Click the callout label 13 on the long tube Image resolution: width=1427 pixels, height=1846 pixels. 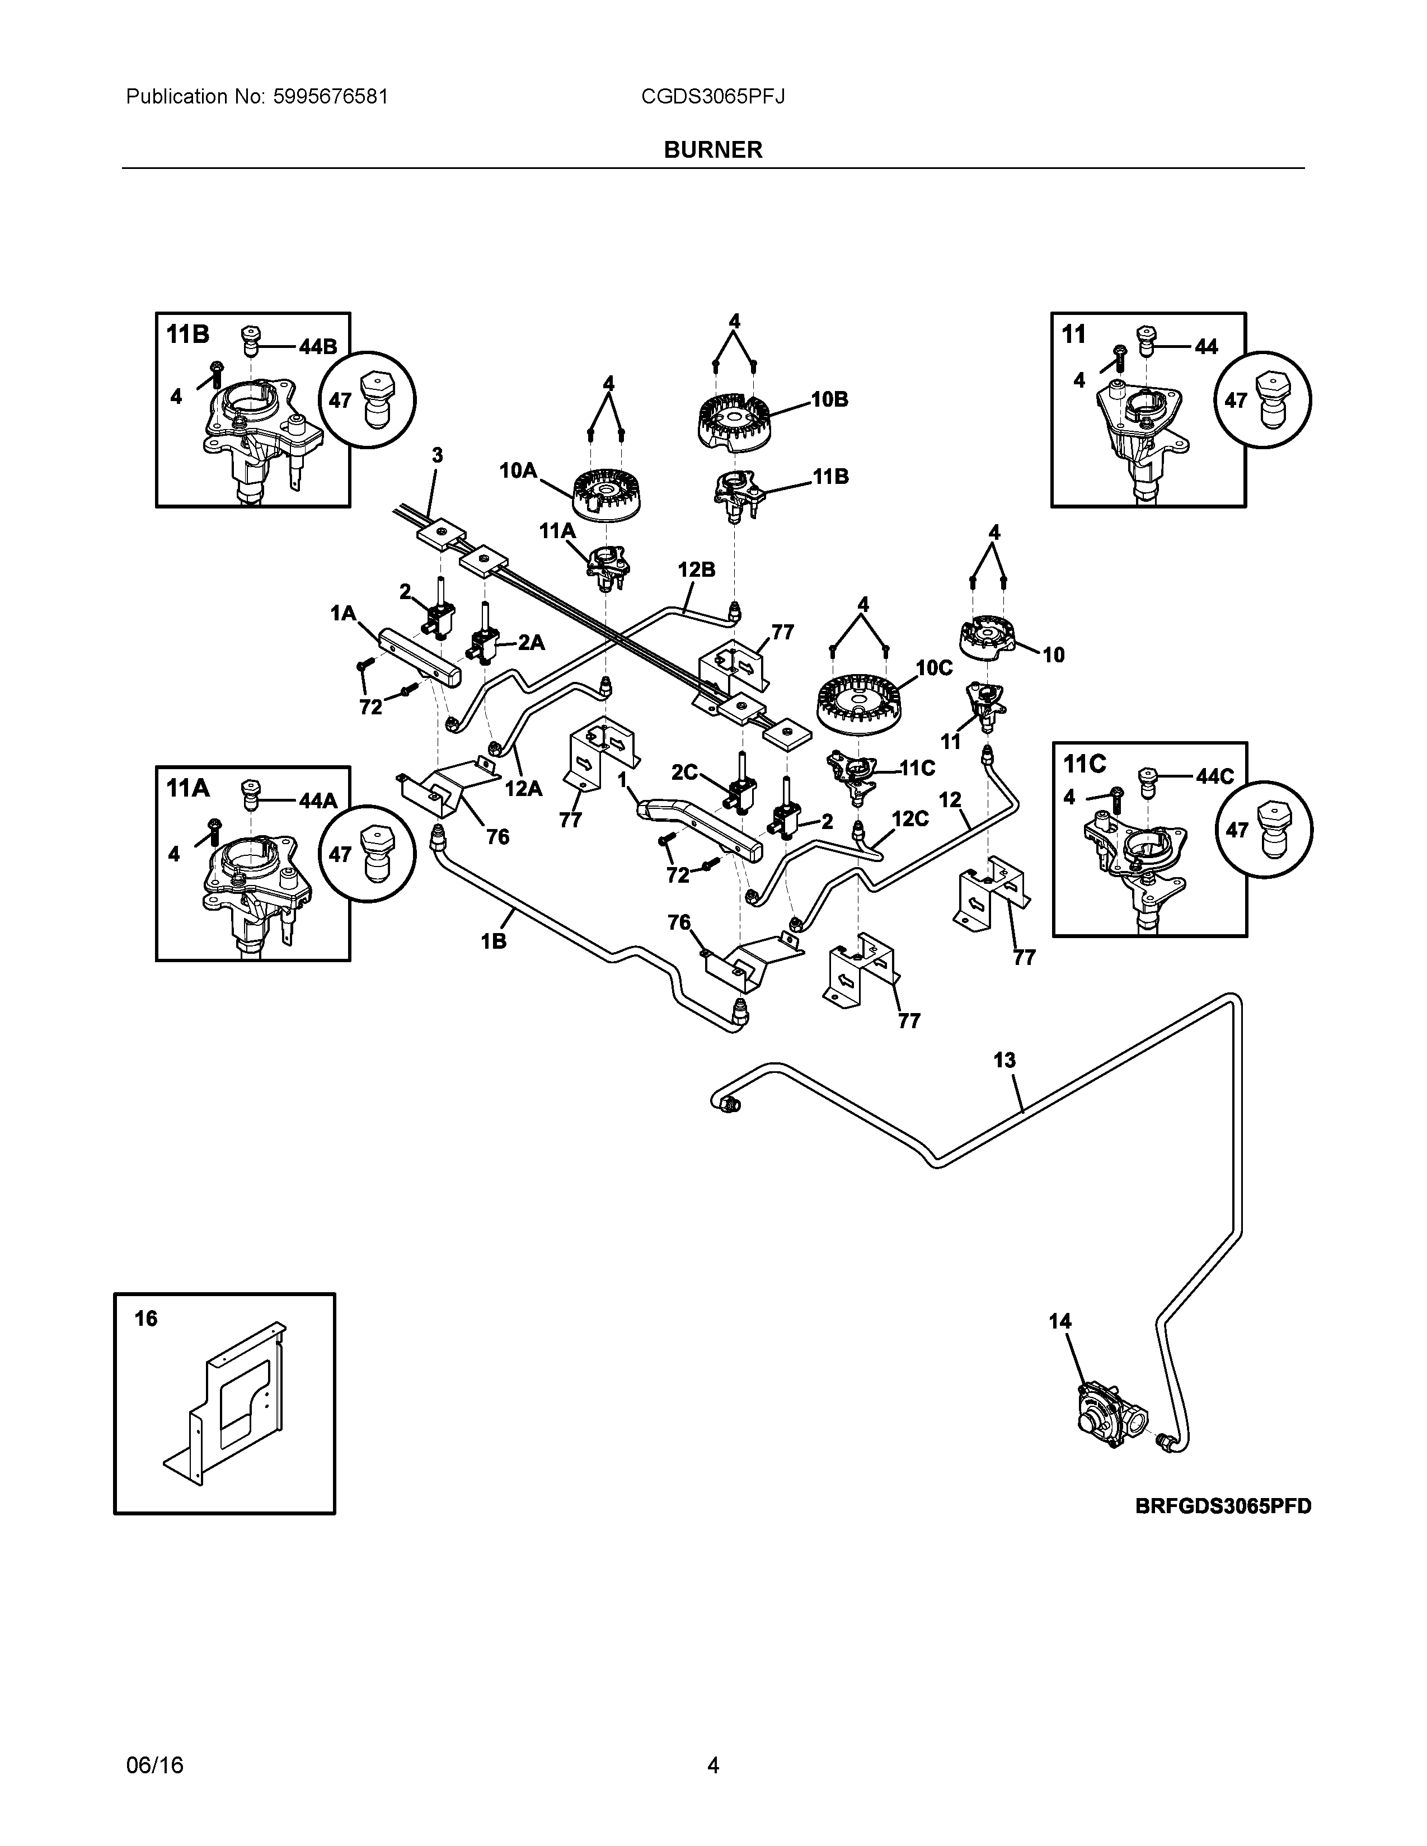(x=1004, y=1060)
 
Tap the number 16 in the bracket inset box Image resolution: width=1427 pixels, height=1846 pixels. (x=146, y=1318)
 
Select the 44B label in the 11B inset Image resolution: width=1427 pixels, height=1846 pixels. (x=318, y=347)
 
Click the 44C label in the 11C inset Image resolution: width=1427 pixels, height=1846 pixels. (x=1215, y=777)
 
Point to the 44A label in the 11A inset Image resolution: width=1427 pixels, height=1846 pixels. (x=318, y=800)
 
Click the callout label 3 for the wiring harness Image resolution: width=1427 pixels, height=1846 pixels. (x=437, y=455)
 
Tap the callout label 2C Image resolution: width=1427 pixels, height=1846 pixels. (x=684, y=772)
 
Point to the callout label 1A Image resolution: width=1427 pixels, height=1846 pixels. (x=342, y=613)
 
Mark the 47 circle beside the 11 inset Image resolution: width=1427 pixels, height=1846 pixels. (x=1262, y=401)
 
